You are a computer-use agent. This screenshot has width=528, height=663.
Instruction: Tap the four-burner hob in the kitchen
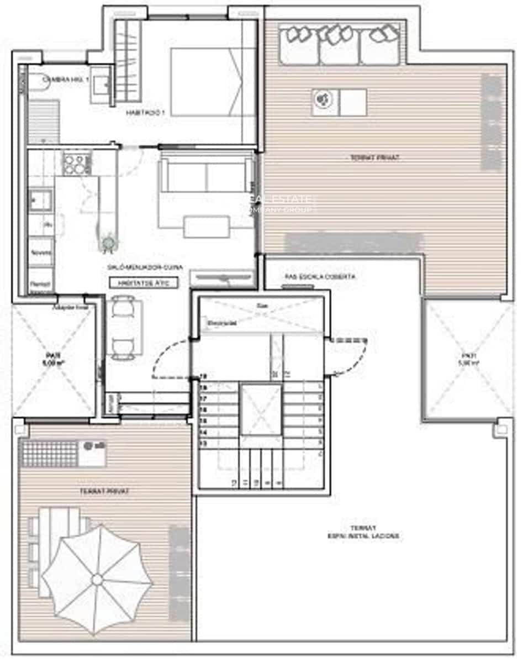point(76,163)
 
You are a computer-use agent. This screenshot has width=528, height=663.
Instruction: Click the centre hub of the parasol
point(97,579)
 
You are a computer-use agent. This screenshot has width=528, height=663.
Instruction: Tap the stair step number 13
point(203,443)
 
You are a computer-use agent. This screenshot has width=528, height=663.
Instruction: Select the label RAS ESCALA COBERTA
point(320,276)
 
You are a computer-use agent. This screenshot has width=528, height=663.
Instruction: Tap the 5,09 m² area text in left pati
point(53,364)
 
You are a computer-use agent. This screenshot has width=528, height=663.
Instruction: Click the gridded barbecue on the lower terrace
point(50,452)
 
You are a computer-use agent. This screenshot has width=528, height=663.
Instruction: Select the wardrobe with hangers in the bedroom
point(128,61)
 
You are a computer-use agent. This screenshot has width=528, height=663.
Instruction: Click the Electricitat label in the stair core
point(223,323)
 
